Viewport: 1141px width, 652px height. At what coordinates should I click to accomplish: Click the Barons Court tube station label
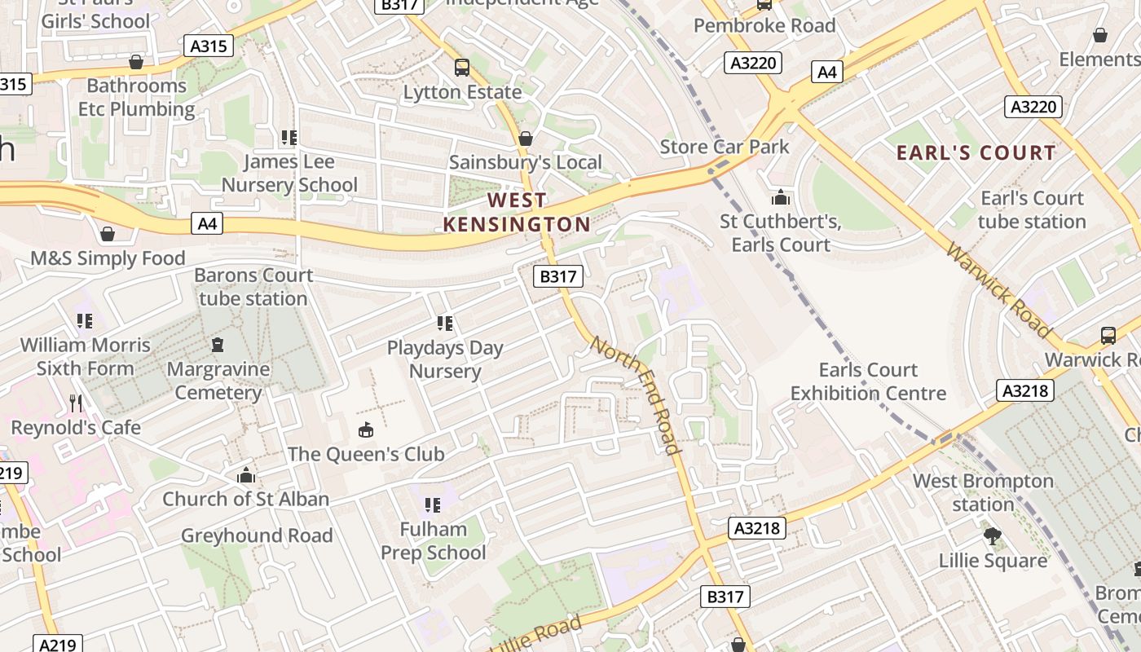point(253,287)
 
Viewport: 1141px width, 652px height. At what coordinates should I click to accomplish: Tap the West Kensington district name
point(517,212)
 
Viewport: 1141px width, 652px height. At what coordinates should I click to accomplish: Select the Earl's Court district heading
point(976,152)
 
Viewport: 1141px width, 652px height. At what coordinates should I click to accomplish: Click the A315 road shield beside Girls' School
point(208,46)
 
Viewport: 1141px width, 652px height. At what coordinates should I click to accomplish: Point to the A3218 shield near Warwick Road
point(1024,391)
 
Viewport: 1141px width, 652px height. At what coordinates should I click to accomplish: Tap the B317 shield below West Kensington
point(558,276)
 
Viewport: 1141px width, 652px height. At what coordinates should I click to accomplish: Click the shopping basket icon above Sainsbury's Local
point(526,139)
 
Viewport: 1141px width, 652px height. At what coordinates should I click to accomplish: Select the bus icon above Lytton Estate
point(462,67)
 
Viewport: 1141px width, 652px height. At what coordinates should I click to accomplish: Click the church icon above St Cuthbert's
point(780,196)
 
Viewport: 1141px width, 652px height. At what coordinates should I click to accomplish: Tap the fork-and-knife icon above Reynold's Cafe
point(76,403)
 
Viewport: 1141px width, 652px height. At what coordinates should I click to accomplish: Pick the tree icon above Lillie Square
point(992,536)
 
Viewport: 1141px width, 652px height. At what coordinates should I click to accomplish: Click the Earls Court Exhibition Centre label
point(868,381)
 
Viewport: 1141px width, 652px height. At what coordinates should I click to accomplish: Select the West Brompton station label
point(982,492)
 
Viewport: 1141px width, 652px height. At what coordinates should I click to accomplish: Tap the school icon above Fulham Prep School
point(432,505)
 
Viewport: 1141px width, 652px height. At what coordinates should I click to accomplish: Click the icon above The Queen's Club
point(366,430)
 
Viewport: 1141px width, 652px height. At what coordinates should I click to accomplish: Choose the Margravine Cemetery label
point(218,381)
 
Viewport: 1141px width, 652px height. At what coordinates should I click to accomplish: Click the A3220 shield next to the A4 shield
point(753,63)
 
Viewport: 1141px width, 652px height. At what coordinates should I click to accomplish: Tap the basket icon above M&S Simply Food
point(107,235)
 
